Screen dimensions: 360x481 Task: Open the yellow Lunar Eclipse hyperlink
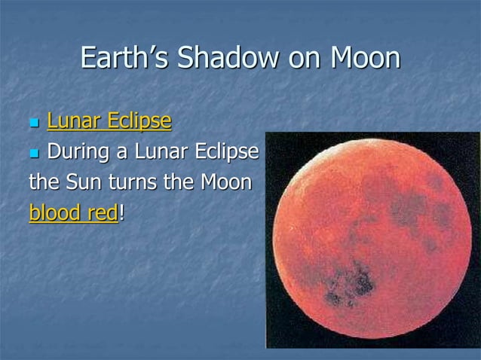(109, 121)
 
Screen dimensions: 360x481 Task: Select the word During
(78, 152)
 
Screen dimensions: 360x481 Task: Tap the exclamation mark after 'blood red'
(121, 213)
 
